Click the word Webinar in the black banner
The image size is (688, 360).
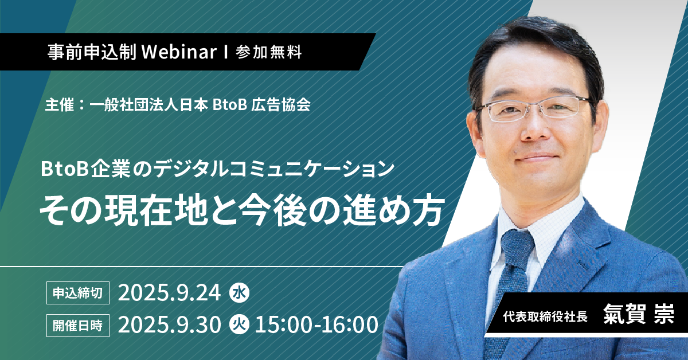coord(179,52)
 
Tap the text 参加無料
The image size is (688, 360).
coord(269,52)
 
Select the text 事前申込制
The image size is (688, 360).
coord(92,52)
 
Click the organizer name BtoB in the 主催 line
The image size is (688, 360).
coord(230,105)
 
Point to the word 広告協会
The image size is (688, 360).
coord(281,105)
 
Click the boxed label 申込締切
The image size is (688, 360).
coord(78,293)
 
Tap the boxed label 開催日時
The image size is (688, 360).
coord(78,326)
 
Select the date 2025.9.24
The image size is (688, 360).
coord(170,293)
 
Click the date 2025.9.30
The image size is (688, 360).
coord(170,324)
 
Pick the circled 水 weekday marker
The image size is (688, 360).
coord(239,293)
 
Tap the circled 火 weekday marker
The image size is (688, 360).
coord(239,324)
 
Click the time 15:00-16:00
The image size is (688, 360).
coord(316,324)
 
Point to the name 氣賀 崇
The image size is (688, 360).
coord(639,314)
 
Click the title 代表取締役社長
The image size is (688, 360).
coord(545,316)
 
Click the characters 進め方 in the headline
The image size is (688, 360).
coord(394,212)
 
